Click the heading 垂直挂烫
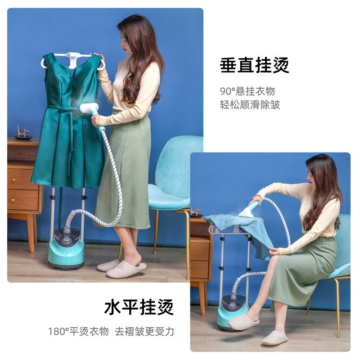(x=254, y=65)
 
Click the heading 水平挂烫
(x=139, y=307)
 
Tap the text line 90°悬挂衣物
(x=247, y=91)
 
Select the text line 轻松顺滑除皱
(x=250, y=105)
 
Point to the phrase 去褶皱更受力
(x=144, y=332)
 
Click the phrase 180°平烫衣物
(x=78, y=332)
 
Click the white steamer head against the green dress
(x=89, y=108)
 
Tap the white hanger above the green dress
(x=72, y=60)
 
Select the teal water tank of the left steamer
(x=66, y=253)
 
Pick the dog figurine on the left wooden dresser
(x=23, y=131)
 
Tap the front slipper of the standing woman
(x=126, y=269)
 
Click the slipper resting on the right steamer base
(x=243, y=321)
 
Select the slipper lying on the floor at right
(x=274, y=338)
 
